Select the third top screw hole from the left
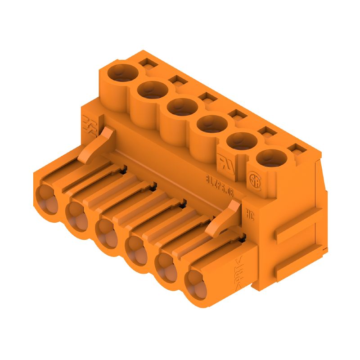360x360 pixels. [x=182, y=107]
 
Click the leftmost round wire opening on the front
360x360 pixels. [x=47, y=198]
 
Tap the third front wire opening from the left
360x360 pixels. [x=107, y=233]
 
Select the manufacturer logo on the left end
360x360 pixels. [x=90, y=125]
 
